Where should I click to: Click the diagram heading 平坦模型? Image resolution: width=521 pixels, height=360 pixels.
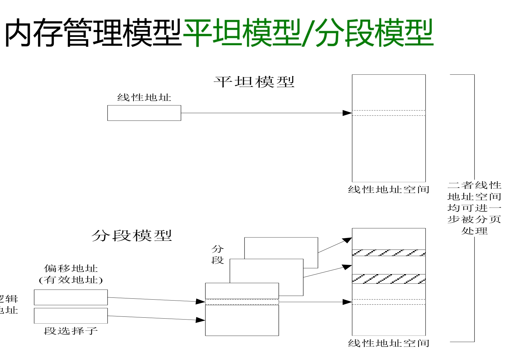pos(254,82)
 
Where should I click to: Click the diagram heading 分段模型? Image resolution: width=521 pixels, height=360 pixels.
pos(132,236)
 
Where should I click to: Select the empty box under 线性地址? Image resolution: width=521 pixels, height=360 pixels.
pos(144,113)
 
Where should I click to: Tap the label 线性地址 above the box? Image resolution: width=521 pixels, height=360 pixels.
pos(144,97)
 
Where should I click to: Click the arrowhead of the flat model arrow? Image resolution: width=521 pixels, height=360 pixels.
pos(347,113)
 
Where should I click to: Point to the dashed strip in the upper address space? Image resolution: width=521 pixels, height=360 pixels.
pos(388,113)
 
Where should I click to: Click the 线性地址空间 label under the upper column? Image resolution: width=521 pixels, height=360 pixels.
pos(388,189)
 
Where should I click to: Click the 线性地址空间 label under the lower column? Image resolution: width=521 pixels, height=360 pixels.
pos(388,343)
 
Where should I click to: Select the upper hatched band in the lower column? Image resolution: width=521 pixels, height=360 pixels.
pos(388,253)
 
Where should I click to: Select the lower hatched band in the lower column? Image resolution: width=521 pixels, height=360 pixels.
pos(388,279)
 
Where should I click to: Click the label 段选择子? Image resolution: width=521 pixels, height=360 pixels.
pos(71,331)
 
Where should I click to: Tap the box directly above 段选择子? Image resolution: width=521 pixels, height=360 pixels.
pos(71,316)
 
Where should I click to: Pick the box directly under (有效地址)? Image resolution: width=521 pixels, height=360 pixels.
pos(71,297)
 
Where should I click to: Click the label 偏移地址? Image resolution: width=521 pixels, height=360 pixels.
pos(71,268)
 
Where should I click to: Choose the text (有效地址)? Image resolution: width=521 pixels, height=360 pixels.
pos(71,280)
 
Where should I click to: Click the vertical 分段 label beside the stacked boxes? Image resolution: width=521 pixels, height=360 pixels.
pos(217,255)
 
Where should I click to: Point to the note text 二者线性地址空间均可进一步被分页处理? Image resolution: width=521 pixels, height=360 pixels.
pos(474,208)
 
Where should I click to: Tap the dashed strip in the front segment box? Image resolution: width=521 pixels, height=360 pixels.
pos(242,302)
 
